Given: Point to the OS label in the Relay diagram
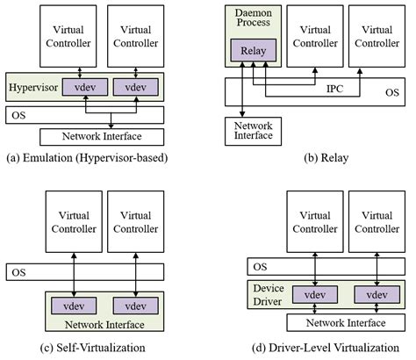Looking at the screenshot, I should (392, 91).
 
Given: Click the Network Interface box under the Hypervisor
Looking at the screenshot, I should (103, 136).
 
